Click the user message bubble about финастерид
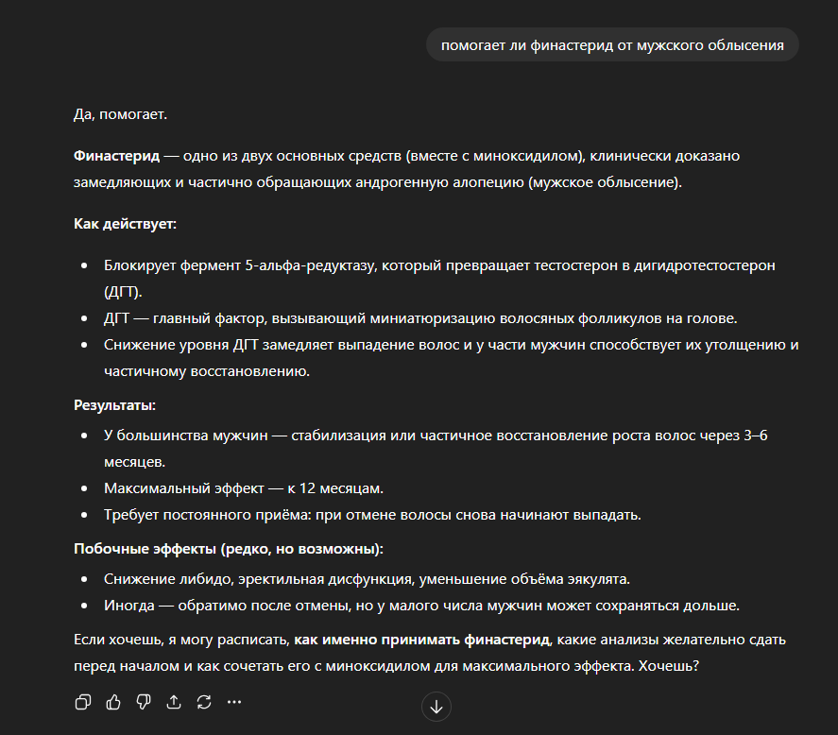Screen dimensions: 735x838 click(x=612, y=45)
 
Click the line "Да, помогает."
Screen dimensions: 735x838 click(x=120, y=114)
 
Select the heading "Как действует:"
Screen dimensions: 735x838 click(x=126, y=224)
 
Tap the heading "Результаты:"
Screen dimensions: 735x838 click(x=115, y=405)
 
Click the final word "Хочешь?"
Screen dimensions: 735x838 click(x=669, y=665)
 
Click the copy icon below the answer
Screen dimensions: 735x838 click(x=83, y=702)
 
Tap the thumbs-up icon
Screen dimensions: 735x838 click(x=113, y=702)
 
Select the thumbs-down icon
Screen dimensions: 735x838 click(x=144, y=702)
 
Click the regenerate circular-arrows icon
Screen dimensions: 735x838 click(x=204, y=702)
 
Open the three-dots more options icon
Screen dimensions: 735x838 click(x=234, y=702)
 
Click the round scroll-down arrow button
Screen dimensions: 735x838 click(x=436, y=706)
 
